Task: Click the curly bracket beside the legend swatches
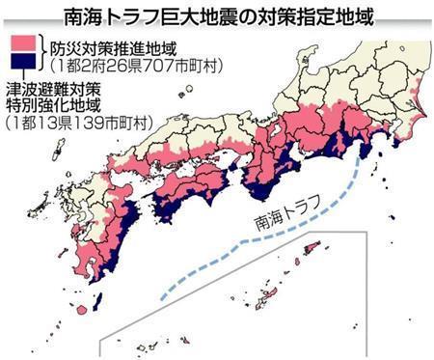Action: click(x=41, y=55)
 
